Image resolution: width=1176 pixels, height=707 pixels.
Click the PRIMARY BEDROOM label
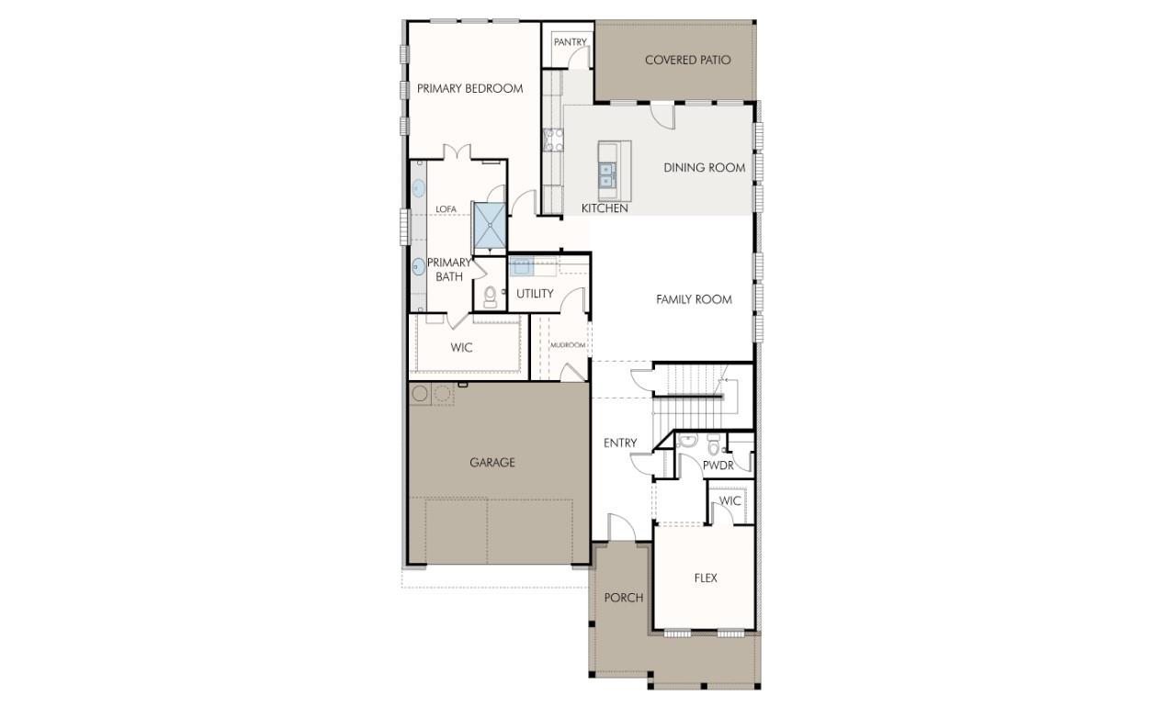469,88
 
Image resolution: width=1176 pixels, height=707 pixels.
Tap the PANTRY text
570,42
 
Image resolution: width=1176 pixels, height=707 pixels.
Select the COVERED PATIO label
687,61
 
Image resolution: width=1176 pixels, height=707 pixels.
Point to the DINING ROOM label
704,167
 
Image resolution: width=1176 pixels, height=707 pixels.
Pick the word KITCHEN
605,208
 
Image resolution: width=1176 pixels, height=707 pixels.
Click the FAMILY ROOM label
694,299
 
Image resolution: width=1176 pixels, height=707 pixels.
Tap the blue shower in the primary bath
489,225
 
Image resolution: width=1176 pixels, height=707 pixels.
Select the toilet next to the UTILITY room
490,296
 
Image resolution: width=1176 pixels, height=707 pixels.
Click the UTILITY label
535,294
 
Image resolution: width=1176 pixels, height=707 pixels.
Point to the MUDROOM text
568,345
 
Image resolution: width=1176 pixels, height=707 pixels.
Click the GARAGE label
492,463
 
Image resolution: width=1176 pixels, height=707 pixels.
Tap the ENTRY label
620,443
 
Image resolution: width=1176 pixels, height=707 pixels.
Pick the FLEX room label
706,578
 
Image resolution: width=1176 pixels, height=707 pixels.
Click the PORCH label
623,598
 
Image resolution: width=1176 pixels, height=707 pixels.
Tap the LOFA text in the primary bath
446,209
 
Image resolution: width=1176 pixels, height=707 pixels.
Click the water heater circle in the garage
420,394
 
